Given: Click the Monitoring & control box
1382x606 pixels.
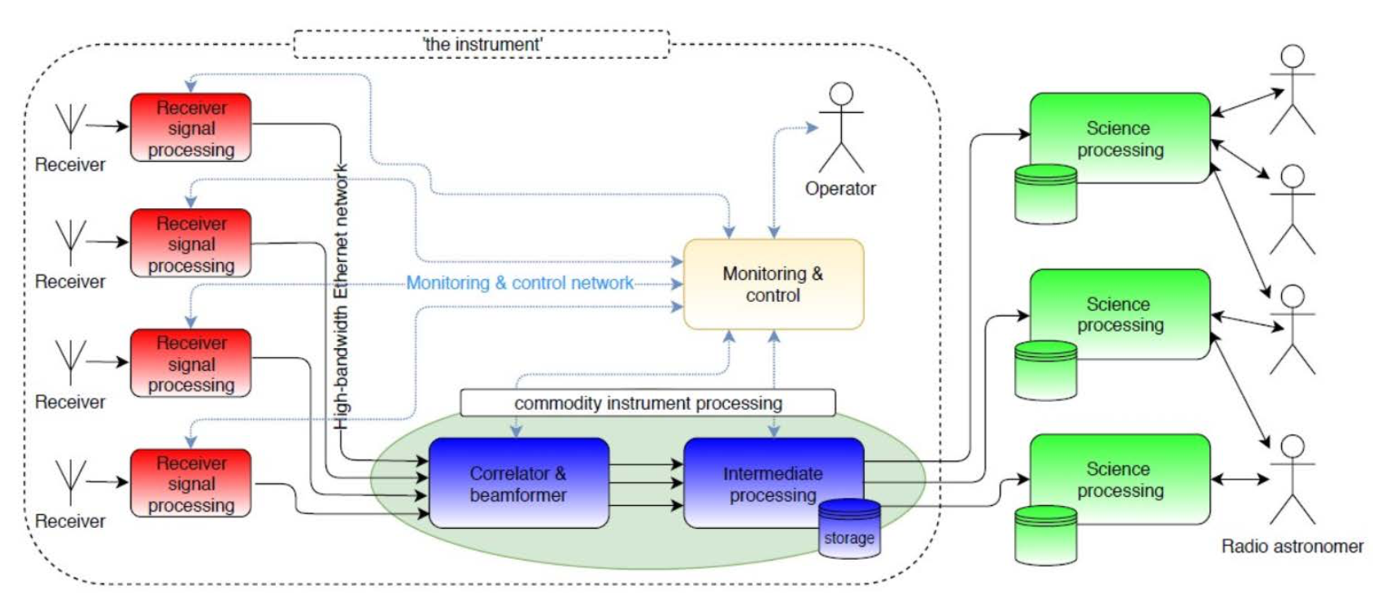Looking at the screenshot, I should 773,284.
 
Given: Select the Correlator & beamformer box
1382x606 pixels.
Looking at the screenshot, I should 518,483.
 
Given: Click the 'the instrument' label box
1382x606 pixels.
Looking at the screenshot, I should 482,44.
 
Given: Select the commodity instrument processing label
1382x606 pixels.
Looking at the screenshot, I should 647,403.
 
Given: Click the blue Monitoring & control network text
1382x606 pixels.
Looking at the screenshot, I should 520,283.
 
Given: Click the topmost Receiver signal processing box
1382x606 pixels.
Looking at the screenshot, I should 191,128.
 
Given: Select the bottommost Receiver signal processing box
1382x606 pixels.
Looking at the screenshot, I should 191,483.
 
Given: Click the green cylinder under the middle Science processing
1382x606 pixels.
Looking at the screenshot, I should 1046,370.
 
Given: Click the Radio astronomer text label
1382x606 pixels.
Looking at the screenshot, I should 1292,547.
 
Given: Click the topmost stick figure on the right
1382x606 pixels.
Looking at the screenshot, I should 1292,89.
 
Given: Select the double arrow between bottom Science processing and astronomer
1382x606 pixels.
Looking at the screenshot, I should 1240,479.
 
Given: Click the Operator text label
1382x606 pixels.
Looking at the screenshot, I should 840,189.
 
